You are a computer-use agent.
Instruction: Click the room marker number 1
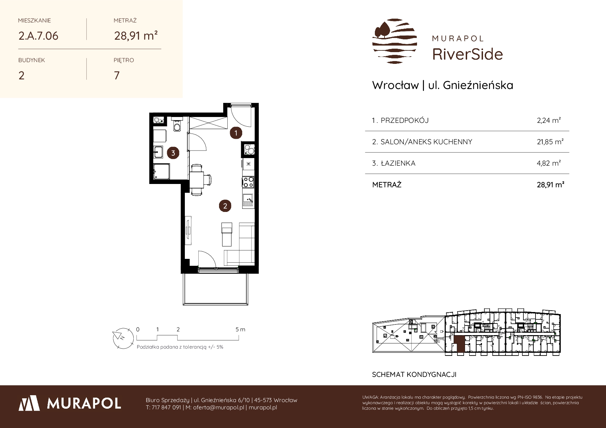pos(236,133)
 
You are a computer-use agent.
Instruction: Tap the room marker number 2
pos(225,206)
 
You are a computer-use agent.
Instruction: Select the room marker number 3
pos(173,153)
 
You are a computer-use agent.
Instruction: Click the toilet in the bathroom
pos(177,126)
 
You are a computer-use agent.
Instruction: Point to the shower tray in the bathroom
pos(161,172)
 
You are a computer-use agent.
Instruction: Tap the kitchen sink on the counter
pos(248,200)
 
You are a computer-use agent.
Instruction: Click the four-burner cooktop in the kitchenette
pos(248,182)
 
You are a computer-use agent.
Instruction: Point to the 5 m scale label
pos(240,329)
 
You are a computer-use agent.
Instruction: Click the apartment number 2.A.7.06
pos(38,36)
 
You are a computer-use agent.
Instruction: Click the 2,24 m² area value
pos(549,120)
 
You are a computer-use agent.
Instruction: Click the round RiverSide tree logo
pos(395,41)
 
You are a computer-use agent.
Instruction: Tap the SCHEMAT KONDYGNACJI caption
pos(414,374)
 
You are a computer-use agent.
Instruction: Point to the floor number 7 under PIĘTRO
pos(117,75)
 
